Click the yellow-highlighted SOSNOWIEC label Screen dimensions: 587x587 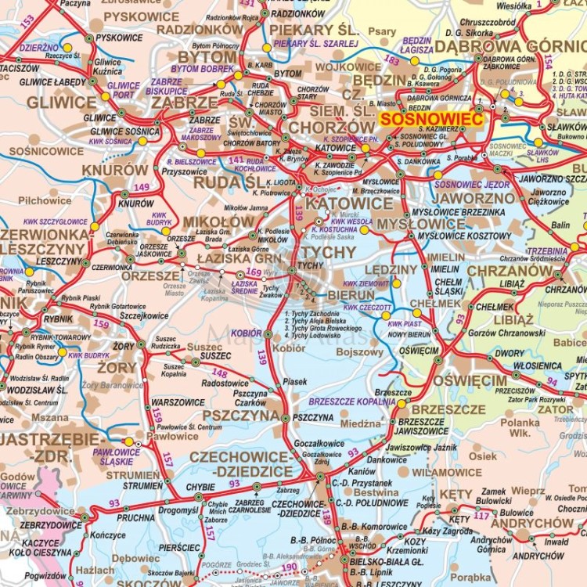(x=431, y=119)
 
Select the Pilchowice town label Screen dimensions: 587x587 (x=45, y=200)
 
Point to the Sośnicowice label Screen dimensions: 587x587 (x=46, y=150)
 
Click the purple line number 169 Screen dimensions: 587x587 (x=253, y=272)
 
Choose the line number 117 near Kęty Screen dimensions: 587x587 (x=481, y=515)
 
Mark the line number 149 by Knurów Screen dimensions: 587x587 (x=142, y=186)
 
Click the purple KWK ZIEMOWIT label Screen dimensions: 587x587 (x=366, y=283)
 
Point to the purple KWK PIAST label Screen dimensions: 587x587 (x=405, y=323)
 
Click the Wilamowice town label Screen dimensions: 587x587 (x=447, y=473)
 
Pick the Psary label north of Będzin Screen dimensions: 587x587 (x=382, y=31)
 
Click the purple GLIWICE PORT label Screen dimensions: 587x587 (x=124, y=89)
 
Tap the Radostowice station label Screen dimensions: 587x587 (x=225, y=384)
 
